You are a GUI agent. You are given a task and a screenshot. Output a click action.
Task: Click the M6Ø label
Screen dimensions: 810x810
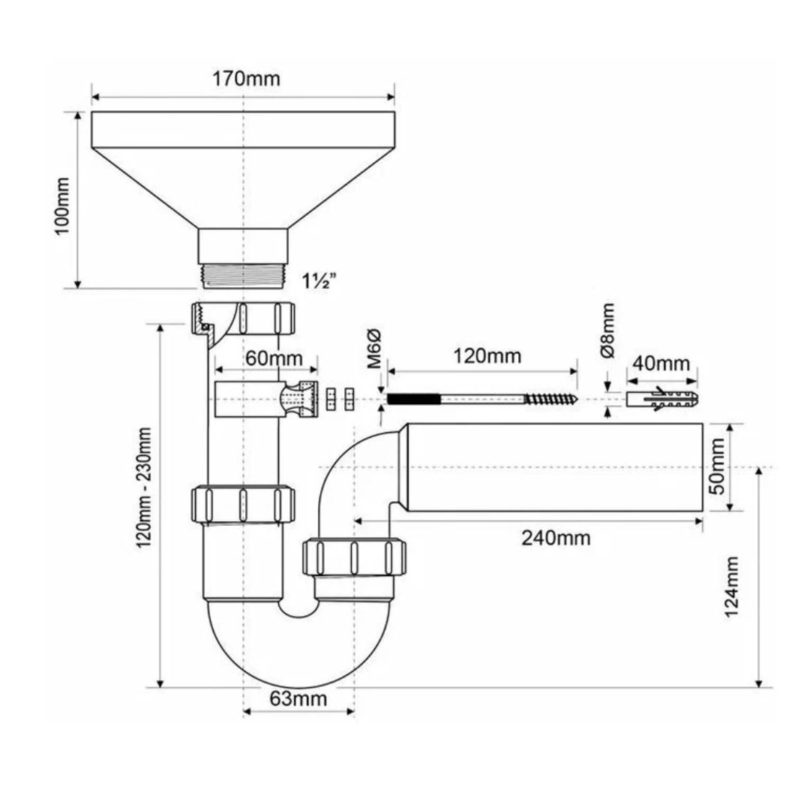coord(376,349)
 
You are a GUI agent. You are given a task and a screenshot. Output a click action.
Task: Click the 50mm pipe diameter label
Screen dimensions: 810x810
coord(718,466)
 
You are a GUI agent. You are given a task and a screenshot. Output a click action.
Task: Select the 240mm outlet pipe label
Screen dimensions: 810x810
coord(556,537)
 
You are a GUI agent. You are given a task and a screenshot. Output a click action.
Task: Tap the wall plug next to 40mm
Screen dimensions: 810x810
coord(661,398)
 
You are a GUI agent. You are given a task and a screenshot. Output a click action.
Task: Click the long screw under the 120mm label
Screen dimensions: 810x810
coord(481,398)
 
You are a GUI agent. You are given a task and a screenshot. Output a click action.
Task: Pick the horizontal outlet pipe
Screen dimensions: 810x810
coord(555,467)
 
